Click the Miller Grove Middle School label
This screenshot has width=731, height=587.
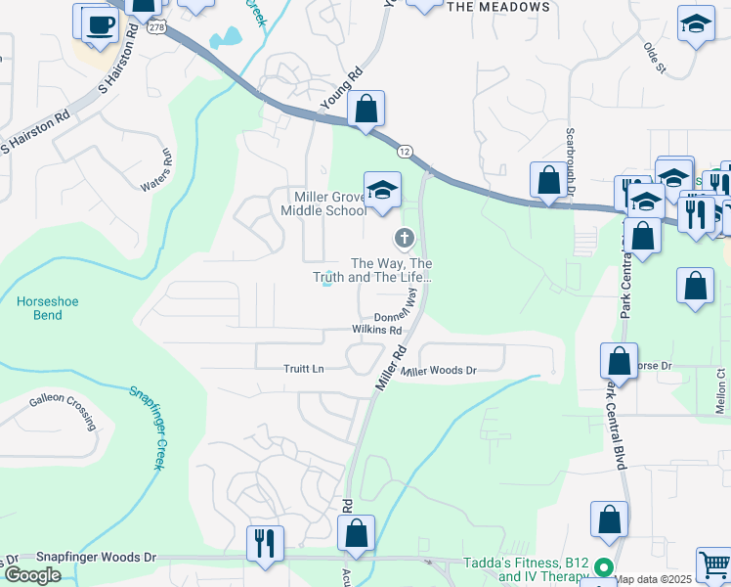point(323,203)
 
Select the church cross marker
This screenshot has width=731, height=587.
point(403,238)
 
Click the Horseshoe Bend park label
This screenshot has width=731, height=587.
point(40,309)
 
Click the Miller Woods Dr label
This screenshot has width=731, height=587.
point(439,371)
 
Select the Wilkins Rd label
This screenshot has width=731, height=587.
point(376,331)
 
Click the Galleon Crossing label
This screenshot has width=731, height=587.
point(62,410)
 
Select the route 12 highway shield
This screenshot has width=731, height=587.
point(404,151)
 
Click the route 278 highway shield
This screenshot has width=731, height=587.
point(156,27)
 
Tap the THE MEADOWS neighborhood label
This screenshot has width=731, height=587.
point(497,7)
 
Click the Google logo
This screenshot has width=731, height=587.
point(31,574)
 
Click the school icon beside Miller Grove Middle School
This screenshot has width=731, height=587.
point(383,189)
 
